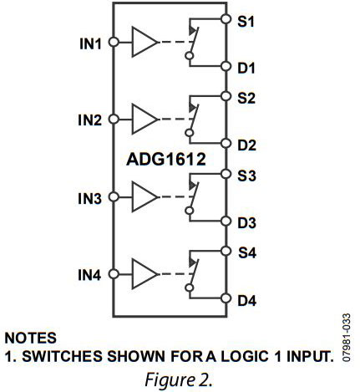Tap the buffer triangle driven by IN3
point(144,198)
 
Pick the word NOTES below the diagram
point(33,338)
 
